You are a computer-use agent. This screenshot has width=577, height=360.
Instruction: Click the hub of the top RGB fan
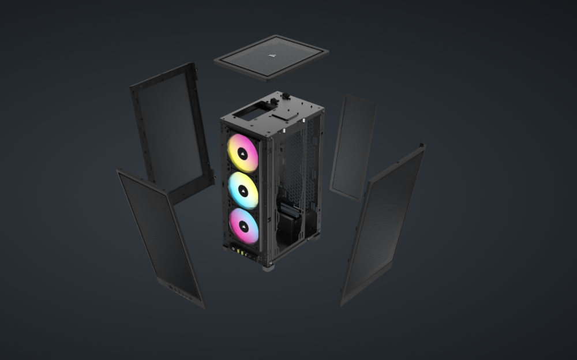coord(243,153)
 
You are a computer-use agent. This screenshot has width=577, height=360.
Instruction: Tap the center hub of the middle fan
coord(243,190)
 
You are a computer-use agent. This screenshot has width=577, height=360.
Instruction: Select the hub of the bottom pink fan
coord(243,226)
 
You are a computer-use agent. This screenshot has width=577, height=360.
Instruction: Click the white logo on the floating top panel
coord(271,56)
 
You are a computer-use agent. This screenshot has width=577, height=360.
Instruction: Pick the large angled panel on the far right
coord(384,225)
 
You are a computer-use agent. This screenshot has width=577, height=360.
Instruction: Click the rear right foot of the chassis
coord(317,235)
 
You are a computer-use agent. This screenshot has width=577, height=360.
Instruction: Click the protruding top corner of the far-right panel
coord(422,147)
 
